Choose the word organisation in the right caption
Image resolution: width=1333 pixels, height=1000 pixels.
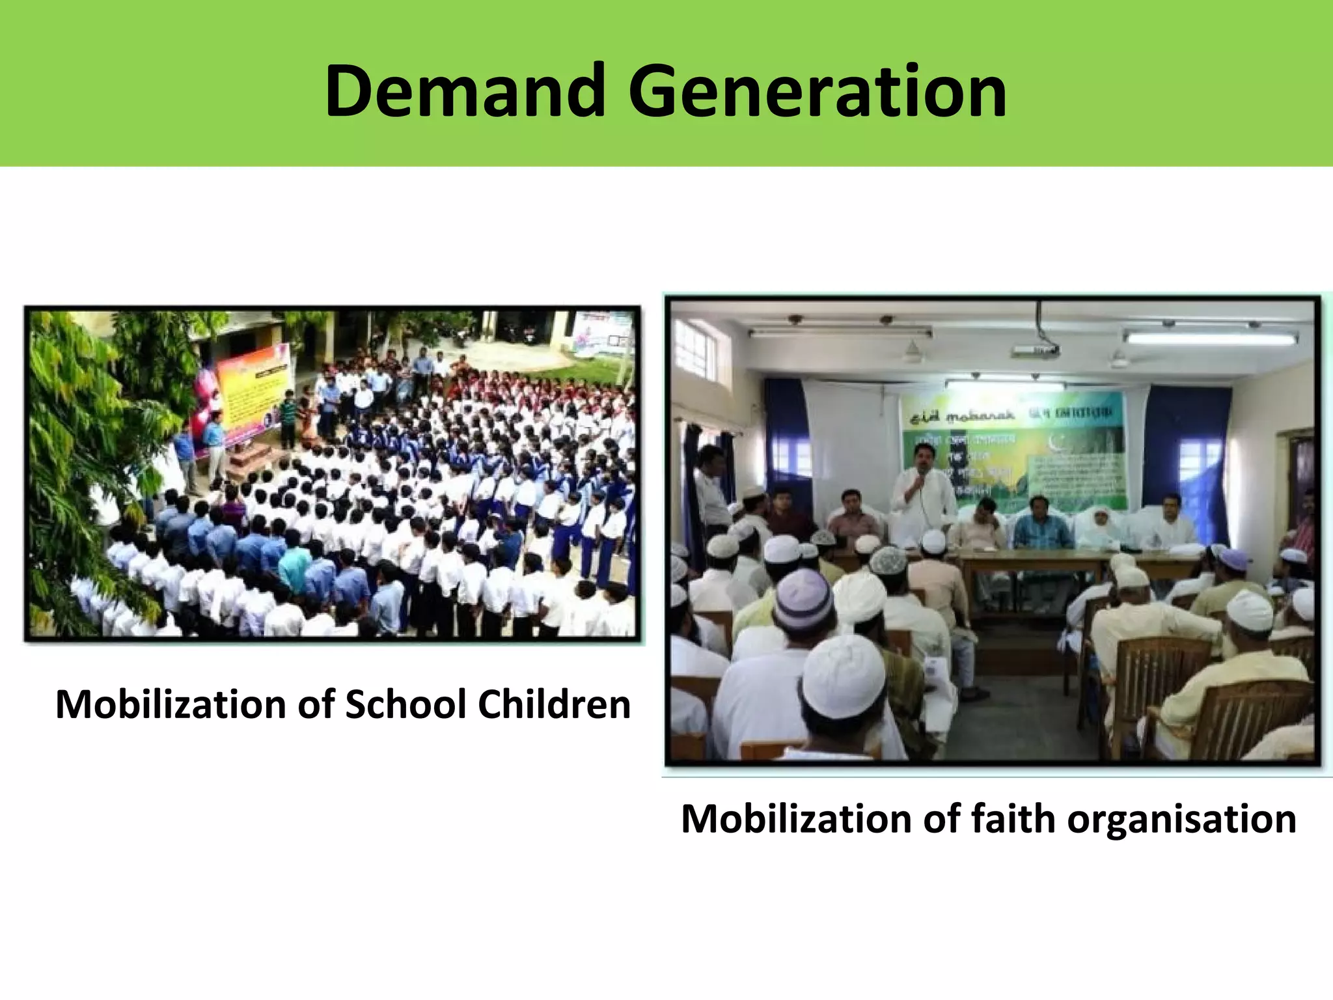pos(1181,818)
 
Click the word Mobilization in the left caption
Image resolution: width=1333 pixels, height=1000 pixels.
pos(171,704)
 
